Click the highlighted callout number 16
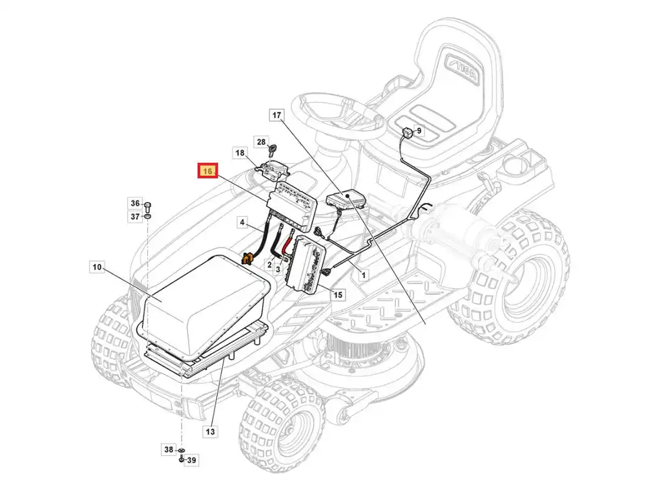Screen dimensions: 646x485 pyautogui.click(x=207, y=171)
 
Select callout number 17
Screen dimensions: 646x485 pyautogui.click(x=276, y=115)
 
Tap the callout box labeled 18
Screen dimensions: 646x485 pyautogui.click(x=240, y=153)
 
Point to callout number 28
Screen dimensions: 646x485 pyautogui.click(x=261, y=142)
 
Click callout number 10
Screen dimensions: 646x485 pyautogui.click(x=97, y=267)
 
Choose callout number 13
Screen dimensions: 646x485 pyautogui.click(x=210, y=431)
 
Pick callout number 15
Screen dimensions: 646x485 pyautogui.click(x=338, y=295)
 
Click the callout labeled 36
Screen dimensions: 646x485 pyautogui.click(x=135, y=203)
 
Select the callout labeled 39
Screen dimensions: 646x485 pyautogui.click(x=191, y=460)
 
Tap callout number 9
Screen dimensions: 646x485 pyautogui.click(x=419, y=131)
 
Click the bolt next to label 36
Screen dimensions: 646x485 pyautogui.click(x=149, y=206)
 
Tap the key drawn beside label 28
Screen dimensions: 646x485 pyautogui.click(x=273, y=150)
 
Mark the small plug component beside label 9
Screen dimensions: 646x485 pyautogui.click(x=407, y=133)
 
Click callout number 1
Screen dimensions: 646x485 pyautogui.click(x=363, y=274)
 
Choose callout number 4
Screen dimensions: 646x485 pyautogui.click(x=242, y=222)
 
